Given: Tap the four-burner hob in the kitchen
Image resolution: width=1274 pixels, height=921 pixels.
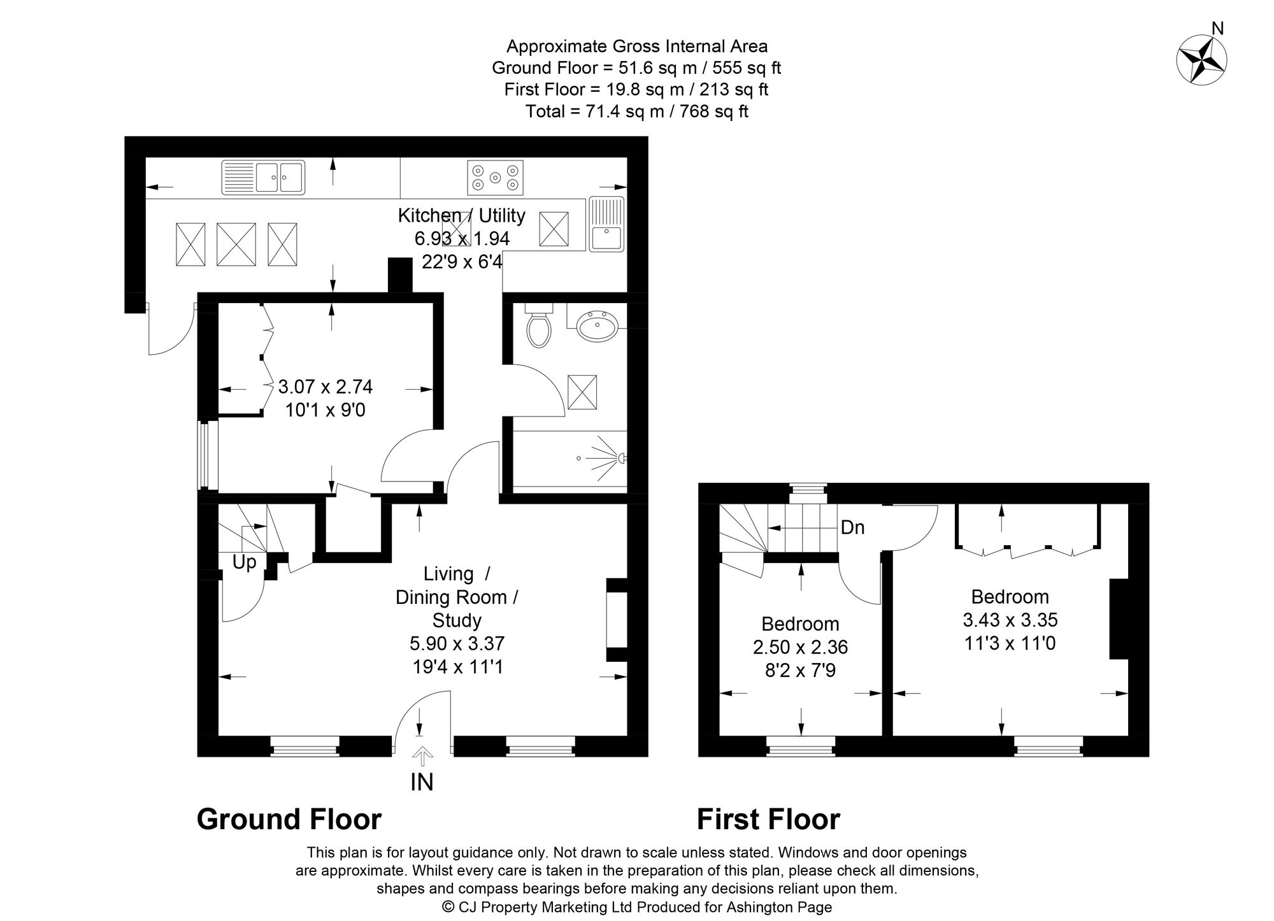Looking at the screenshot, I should click(496, 177).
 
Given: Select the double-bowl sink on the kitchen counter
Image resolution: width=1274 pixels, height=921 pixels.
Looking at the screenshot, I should click(263, 177).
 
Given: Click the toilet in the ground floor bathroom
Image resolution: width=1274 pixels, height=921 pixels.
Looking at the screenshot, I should click(539, 327).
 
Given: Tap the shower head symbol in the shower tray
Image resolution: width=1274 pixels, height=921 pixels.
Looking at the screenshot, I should click(620, 457).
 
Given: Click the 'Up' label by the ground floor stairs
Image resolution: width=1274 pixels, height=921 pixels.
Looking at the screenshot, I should click(244, 562).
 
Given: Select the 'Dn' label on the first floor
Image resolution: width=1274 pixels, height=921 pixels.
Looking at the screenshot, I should click(852, 527).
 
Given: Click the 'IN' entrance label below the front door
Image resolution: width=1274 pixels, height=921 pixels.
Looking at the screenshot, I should click(422, 782).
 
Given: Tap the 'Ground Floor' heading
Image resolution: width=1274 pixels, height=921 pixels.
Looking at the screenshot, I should click(289, 819).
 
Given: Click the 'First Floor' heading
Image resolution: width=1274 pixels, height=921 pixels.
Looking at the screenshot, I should click(768, 819).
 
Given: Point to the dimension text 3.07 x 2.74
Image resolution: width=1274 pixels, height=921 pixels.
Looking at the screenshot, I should click(325, 387).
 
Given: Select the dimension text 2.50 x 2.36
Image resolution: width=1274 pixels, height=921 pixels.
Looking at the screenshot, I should click(800, 647).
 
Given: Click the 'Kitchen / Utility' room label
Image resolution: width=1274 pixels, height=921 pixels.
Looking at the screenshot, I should click(461, 215).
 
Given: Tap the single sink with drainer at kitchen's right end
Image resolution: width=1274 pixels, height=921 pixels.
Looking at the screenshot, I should click(607, 224).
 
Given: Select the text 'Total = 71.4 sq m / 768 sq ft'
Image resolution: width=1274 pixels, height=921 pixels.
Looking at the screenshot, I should click(636, 111).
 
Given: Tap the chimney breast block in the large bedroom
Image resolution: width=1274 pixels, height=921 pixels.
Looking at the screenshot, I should click(1119, 618).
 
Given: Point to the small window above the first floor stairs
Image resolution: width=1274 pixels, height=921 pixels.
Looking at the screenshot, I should click(808, 489).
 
